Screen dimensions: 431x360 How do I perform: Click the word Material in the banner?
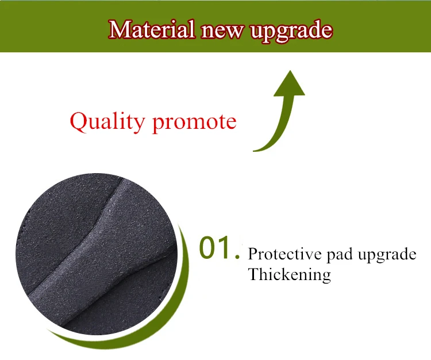[x=152, y=29]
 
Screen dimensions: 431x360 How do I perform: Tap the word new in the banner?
[x=222, y=31]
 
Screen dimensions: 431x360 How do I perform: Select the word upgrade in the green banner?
[x=291, y=31]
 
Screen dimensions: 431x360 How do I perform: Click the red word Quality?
[x=107, y=122]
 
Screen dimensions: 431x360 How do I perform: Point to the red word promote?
[x=194, y=123]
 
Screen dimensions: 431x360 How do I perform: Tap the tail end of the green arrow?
[x=253, y=151]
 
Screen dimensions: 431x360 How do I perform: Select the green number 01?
[x=215, y=247]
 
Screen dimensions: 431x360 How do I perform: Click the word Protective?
[x=285, y=254]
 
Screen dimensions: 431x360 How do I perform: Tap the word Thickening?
[x=290, y=275]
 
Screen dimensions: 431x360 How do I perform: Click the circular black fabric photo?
[x=97, y=254]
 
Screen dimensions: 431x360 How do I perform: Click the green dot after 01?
[x=237, y=257]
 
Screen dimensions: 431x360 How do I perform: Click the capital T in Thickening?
[x=254, y=274]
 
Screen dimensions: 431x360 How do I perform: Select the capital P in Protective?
[x=253, y=254]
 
